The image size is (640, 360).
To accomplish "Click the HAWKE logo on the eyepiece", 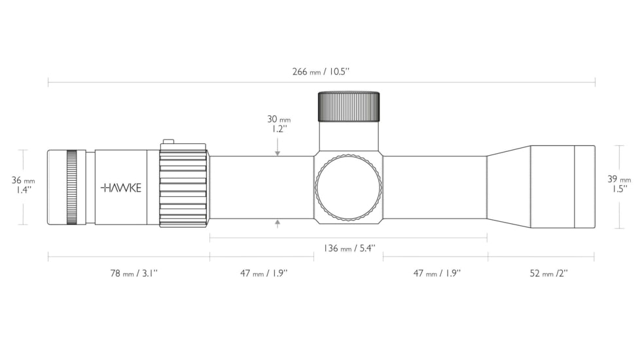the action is [121, 188].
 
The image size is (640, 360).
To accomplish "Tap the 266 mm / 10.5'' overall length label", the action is [321, 72].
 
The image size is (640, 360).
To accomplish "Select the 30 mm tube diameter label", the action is [279, 124].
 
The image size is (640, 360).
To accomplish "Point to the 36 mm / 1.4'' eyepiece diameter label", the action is [24, 185].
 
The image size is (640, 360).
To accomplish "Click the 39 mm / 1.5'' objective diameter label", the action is [619, 184].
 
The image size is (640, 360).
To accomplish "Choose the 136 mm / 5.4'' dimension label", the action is [349, 248].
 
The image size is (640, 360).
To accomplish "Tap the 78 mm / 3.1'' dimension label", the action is [134, 273].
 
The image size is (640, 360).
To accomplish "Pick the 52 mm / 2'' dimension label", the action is [548, 273].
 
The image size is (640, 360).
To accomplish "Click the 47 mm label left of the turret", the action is [264, 273].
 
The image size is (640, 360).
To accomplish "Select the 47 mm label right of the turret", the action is [436, 273].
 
